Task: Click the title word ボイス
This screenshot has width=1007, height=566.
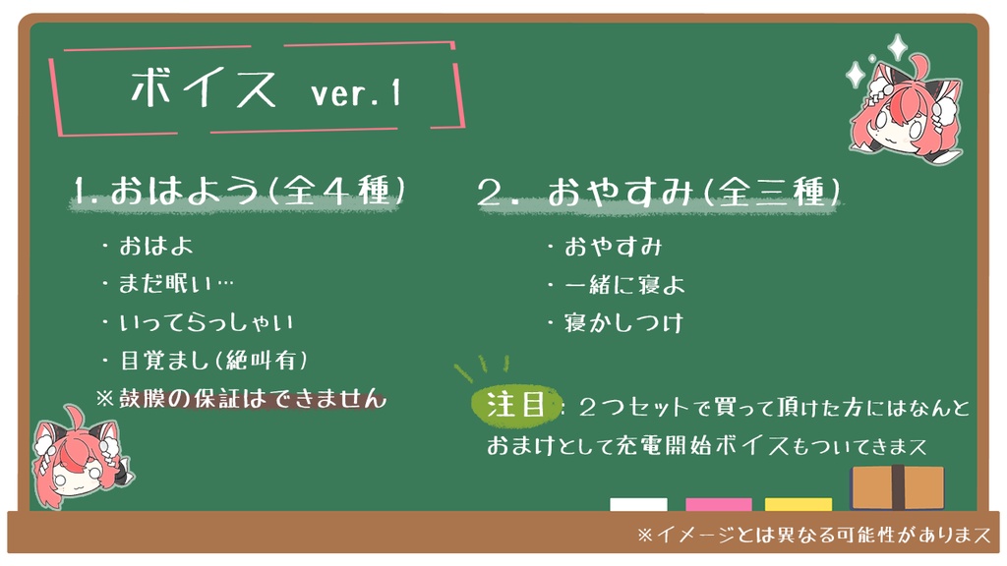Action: point(204,90)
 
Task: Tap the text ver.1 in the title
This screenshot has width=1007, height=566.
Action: point(355,94)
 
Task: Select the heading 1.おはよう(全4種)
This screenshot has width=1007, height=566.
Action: point(239,190)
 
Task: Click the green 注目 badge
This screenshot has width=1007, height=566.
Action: point(515,405)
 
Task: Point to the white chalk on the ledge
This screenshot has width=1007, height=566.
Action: point(638,505)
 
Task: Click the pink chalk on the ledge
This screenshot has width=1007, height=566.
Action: point(718,505)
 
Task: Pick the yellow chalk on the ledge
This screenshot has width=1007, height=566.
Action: point(798,505)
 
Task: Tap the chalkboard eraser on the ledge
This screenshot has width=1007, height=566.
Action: point(897,487)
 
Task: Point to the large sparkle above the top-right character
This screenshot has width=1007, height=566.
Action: point(896,46)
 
